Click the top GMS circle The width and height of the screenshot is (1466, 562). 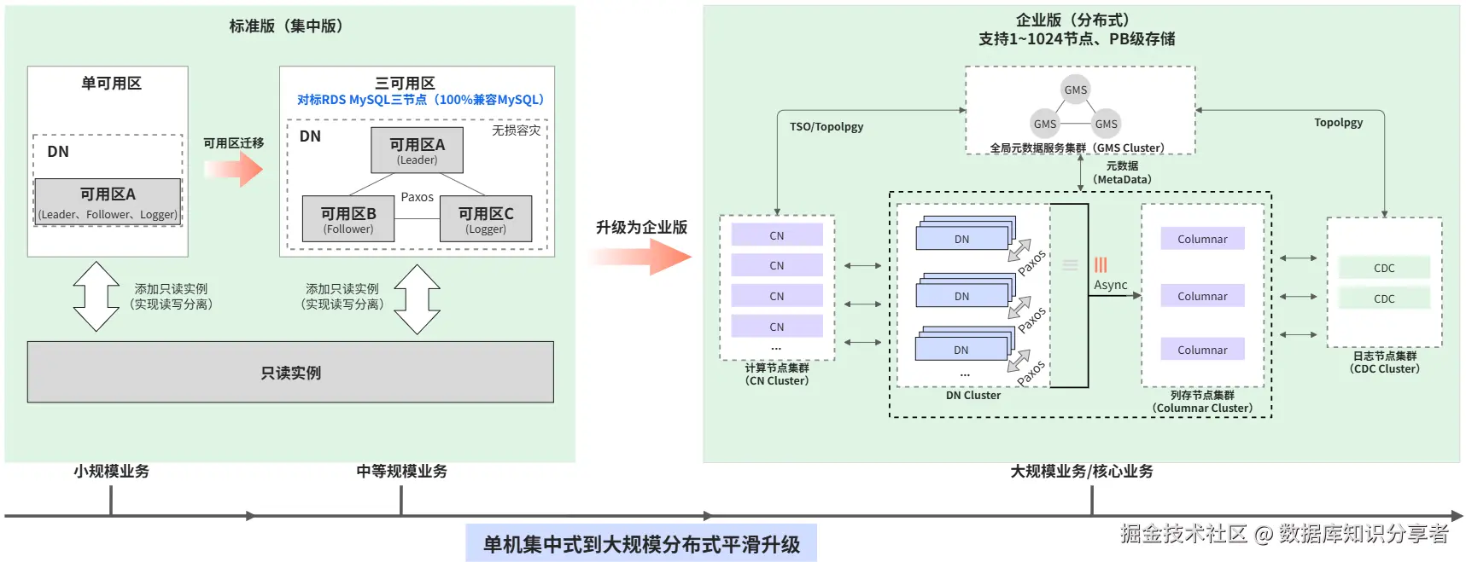tap(1075, 90)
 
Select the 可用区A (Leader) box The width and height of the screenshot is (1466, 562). tap(417, 150)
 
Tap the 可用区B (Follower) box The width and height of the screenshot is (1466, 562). tap(348, 219)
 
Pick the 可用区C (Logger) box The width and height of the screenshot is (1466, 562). tap(485, 219)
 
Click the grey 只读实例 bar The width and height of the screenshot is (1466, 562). tap(290, 373)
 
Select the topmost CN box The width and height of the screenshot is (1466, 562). tap(776, 235)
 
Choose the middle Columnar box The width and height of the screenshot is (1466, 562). tap(1201, 296)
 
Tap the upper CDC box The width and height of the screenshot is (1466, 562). tap(1383, 268)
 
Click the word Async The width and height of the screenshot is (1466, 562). tap(1110, 285)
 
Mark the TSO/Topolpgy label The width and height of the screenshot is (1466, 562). tap(826, 126)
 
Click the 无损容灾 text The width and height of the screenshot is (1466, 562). tap(516, 130)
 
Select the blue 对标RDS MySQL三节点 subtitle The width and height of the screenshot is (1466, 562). tap(420, 100)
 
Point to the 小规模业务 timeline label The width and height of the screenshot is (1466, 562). tap(111, 471)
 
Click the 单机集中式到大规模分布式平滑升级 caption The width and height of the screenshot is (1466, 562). tap(641, 544)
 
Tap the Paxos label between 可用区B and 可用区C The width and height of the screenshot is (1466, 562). tap(417, 197)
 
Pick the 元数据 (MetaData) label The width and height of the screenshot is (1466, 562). tap(1122, 172)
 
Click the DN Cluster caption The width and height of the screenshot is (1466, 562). tap(972, 395)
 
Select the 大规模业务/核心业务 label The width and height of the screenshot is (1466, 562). tap(1081, 471)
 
